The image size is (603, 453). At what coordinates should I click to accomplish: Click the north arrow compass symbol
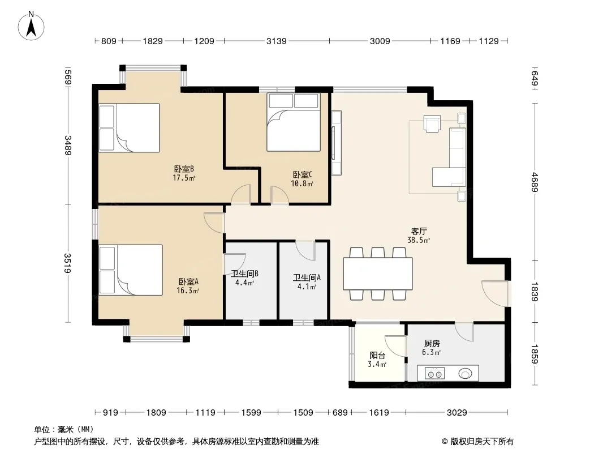pyautogui.click(x=31, y=26)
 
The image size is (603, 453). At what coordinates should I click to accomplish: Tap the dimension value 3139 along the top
pyautogui.click(x=277, y=41)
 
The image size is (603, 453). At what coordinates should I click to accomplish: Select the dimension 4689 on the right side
pyautogui.click(x=535, y=182)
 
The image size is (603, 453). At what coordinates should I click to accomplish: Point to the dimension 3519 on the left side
pyautogui.click(x=68, y=263)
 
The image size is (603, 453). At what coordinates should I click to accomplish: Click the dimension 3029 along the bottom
pyautogui.click(x=457, y=413)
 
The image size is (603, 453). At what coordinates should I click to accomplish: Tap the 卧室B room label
pyautogui.click(x=184, y=169)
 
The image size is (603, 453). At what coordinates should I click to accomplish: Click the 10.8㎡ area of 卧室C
pyautogui.click(x=302, y=183)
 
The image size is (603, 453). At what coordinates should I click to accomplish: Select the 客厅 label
pyautogui.click(x=419, y=231)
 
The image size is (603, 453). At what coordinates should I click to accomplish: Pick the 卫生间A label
pyautogui.click(x=307, y=277)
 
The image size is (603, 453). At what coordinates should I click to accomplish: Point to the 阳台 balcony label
pyautogui.click(x=377, y=355)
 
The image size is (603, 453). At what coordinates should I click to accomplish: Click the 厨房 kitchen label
pyautogui.click(x=432, y=343)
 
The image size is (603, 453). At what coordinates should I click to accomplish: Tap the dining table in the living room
pyautogui.click(x=378, y=273)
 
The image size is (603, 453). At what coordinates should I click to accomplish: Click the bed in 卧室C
pyautogui.click(x=294, y=122)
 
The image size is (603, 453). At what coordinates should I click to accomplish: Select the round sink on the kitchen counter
pyautogui.click(x=466, y=373)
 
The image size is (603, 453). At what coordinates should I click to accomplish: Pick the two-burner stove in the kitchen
pyautogui.click(x=434, y=373)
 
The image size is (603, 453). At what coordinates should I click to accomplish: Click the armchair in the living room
pyautogui.click(x=432, y=123)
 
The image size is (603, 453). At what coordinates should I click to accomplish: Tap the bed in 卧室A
pyautogui.click(x=130, y=270)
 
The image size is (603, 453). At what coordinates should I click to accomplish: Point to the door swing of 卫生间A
pyautogui.click(x=305, y=250)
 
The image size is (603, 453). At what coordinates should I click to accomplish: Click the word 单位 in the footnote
pyautogui.click(x=42, y=430)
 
